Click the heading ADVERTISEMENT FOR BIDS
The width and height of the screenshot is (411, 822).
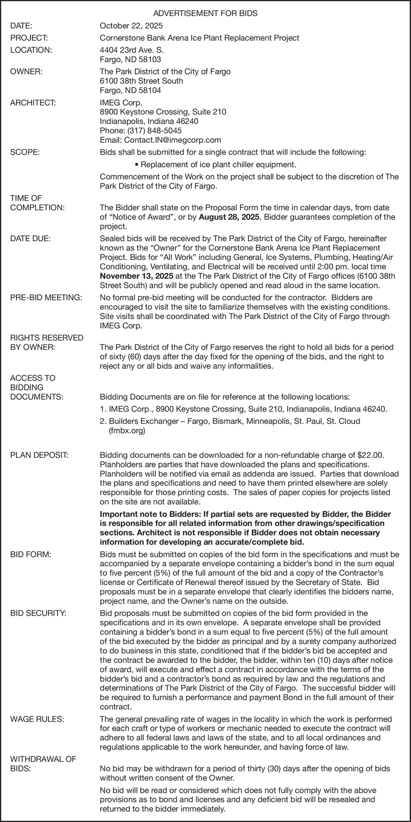point(206,11)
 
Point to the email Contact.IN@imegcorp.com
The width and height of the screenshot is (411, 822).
point(160,140)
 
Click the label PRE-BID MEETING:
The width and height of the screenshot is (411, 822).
point(46,297)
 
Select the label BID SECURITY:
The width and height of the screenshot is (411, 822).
point(39,613)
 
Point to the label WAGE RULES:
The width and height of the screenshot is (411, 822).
point(37,719)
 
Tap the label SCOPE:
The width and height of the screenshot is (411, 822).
point(25,152)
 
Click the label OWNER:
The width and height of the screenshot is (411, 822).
point(26,71)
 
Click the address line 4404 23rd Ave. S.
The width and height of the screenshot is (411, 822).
point(127,50)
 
